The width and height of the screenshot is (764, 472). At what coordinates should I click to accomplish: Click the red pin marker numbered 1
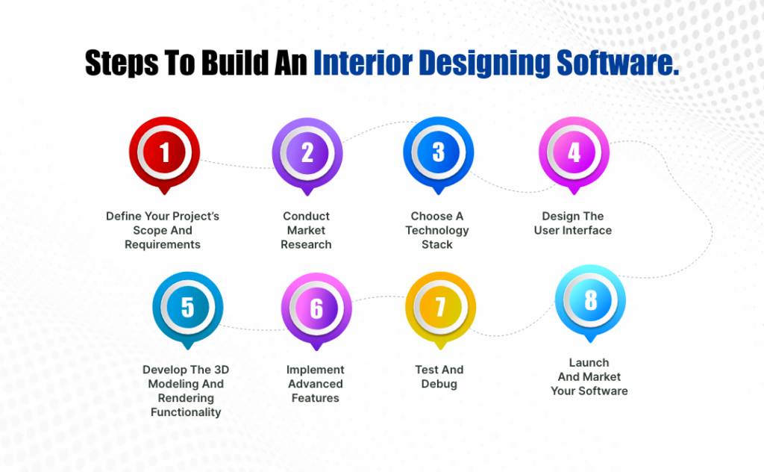click(164, 152)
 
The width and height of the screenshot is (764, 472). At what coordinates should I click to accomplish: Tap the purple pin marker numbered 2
click(307, 152)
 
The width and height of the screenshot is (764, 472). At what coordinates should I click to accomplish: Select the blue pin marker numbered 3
click(438, 152)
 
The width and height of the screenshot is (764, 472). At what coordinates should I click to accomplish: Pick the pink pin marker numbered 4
click(573, 152)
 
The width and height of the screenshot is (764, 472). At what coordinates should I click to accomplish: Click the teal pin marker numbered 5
click(187, 307)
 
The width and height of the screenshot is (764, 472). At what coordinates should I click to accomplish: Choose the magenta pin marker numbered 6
click(316, 308)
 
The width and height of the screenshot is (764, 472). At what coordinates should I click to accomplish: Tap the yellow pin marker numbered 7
click(440, 308)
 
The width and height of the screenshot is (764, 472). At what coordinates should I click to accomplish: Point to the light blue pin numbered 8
click(590, 301)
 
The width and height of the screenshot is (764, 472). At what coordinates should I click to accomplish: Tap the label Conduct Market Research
click(306, 230)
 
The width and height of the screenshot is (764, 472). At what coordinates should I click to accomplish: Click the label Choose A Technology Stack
click(437, 230)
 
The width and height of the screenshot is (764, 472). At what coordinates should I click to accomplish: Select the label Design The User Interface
click(572, 223)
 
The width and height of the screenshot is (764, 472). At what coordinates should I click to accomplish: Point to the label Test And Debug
click(439, 376)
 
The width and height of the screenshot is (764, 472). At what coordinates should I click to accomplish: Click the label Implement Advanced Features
click(315, 384)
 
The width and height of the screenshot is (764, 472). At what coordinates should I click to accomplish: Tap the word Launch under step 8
click(589, 362)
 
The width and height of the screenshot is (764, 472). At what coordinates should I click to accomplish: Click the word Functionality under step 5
click(186, 412)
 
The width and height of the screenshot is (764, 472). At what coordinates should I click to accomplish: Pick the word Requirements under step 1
click(163, 244)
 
